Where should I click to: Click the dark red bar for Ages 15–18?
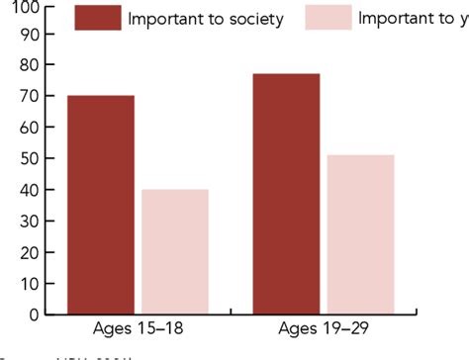[100, 205]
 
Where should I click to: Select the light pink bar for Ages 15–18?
[174, 251]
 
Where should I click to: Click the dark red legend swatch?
[97, 18]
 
